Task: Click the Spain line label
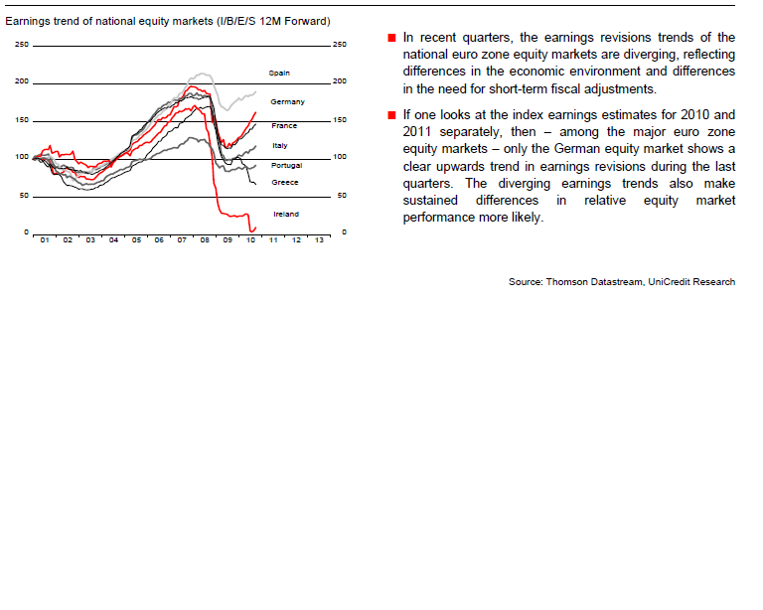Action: [278, 74]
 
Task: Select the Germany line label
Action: [287, 101]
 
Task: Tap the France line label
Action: [284, 126]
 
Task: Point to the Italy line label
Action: [279, 146]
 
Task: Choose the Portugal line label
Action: [286, 165]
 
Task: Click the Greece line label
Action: [284, 183]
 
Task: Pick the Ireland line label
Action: [285, 214]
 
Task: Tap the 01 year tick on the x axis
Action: [45, 240]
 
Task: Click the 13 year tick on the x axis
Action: [318, 240]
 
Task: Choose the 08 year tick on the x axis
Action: [204, 240]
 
